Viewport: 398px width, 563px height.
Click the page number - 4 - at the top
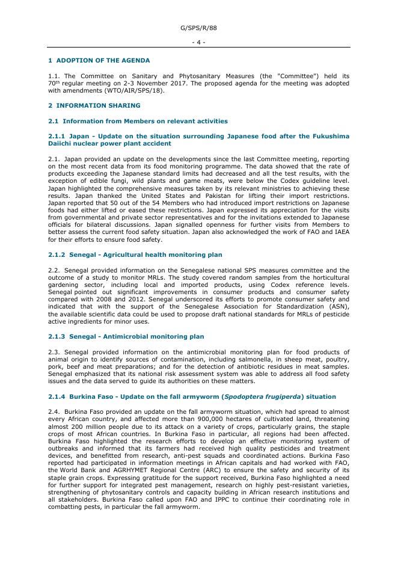click(x=198, y=42)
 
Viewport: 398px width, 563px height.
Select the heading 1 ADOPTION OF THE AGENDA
click(x=99, y=61)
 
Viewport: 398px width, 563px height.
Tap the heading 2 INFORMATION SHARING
click(x=94, y=106)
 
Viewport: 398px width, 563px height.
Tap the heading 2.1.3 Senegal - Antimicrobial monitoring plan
click(x=126, y=337)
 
